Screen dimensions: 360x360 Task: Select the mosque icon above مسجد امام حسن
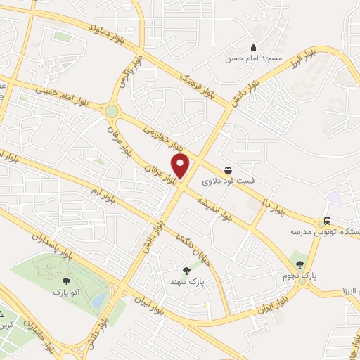click(x=252, y=47)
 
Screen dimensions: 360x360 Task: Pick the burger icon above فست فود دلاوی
click(x=229, y=170)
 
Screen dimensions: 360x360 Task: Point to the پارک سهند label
click(x=187, y=281)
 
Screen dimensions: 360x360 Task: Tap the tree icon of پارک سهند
click(x=186, y=270)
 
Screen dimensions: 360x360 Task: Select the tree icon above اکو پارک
click(x=66, y=279)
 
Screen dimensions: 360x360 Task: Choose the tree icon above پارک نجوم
click(x=300, y=264)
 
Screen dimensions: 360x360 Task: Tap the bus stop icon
click(x=328, y=220)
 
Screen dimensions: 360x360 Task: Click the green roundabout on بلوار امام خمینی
click(x=111, y=111)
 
